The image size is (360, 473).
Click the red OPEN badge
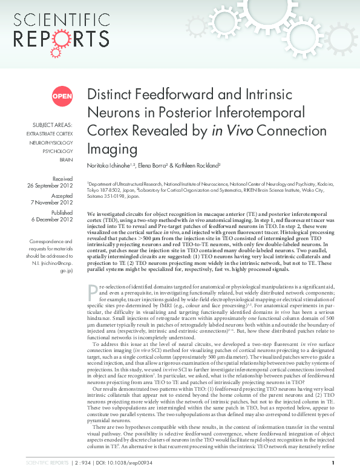coord(62,96)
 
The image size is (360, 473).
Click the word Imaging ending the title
coord(108,148)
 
